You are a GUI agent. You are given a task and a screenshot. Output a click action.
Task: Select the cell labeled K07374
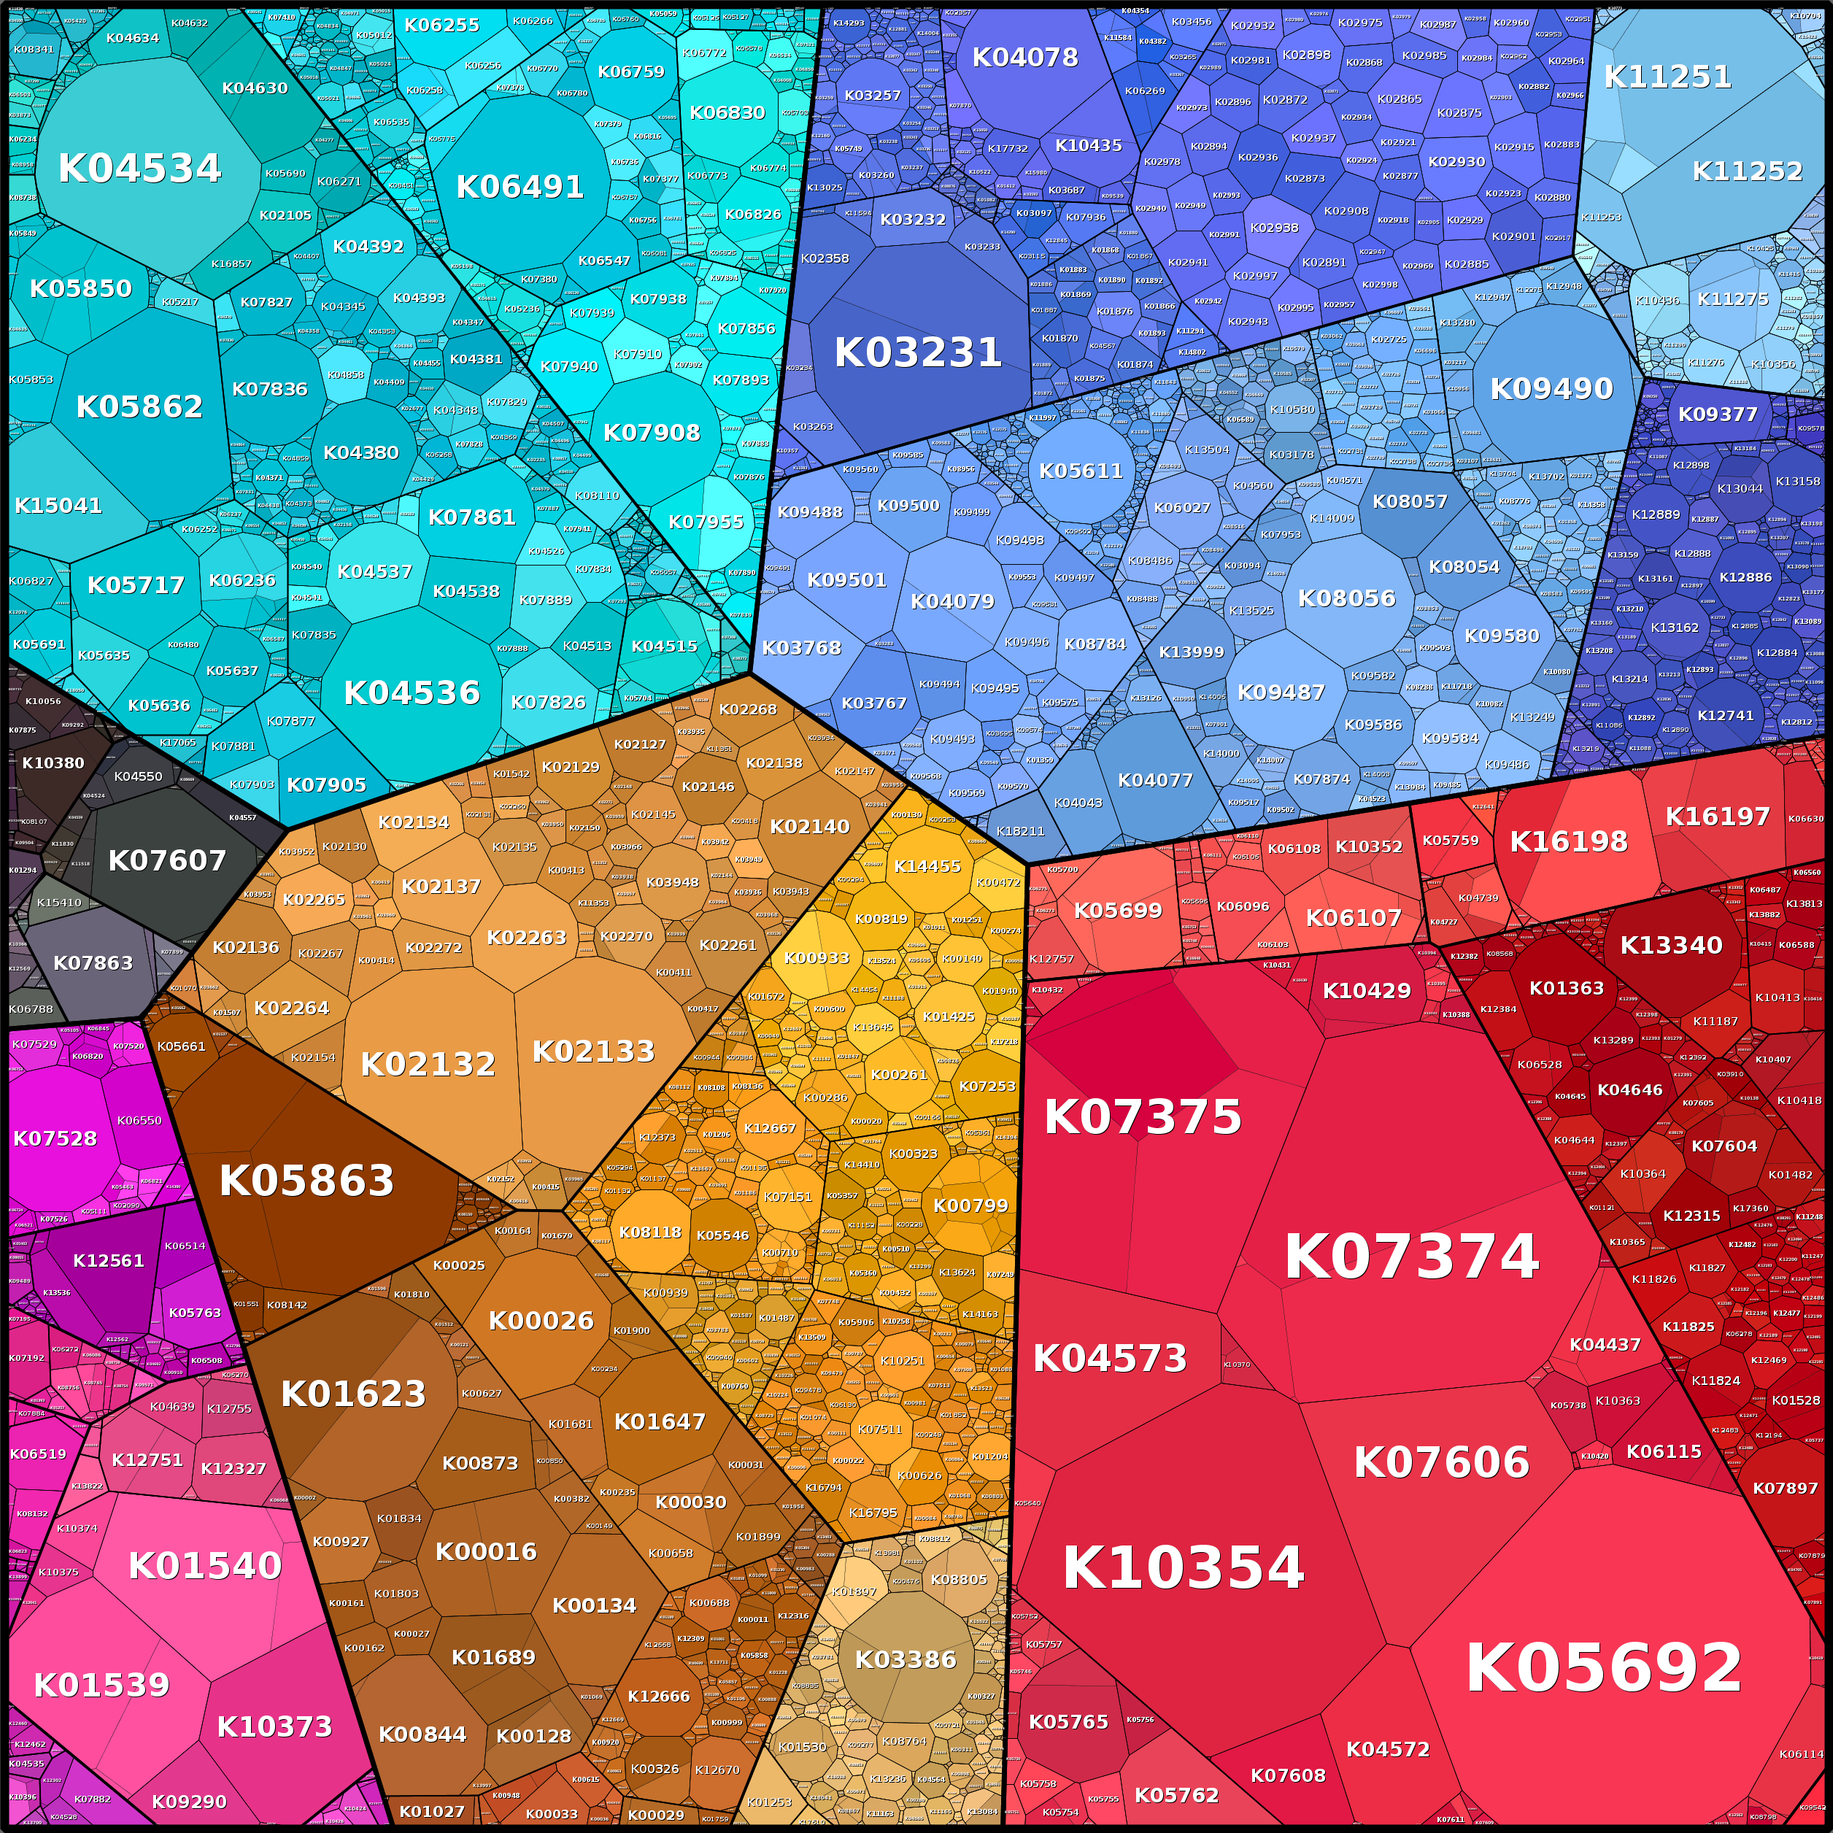(1411, 1257)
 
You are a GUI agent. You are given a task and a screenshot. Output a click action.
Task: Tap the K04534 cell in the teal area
(139, 168)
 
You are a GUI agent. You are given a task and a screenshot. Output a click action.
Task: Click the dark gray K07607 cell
(167, 860)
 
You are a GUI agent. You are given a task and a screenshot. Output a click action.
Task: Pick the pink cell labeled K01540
(205, 1565)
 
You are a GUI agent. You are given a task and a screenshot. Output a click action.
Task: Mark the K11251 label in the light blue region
(1667, 77)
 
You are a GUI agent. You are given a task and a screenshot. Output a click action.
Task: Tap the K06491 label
(520, 187)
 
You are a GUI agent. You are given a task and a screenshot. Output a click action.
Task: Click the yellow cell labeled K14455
(927, 866)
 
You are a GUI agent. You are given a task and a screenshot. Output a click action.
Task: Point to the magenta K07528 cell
(55, 1138)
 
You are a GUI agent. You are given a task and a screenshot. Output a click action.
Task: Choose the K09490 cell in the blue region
(1551, 388)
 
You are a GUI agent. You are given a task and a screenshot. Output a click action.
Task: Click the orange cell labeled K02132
(428, 1065)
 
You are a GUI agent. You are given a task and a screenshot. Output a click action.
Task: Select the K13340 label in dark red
(1671, 945)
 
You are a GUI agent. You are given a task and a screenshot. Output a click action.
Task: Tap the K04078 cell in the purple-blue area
(1024, 58)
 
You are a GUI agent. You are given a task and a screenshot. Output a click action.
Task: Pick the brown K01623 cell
(353, 1394)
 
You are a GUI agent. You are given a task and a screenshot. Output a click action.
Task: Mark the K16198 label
(1568, 841)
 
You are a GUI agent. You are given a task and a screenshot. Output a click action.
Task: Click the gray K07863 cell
(93, 963)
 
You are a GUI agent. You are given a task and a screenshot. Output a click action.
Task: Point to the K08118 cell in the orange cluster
(650, 1232)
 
